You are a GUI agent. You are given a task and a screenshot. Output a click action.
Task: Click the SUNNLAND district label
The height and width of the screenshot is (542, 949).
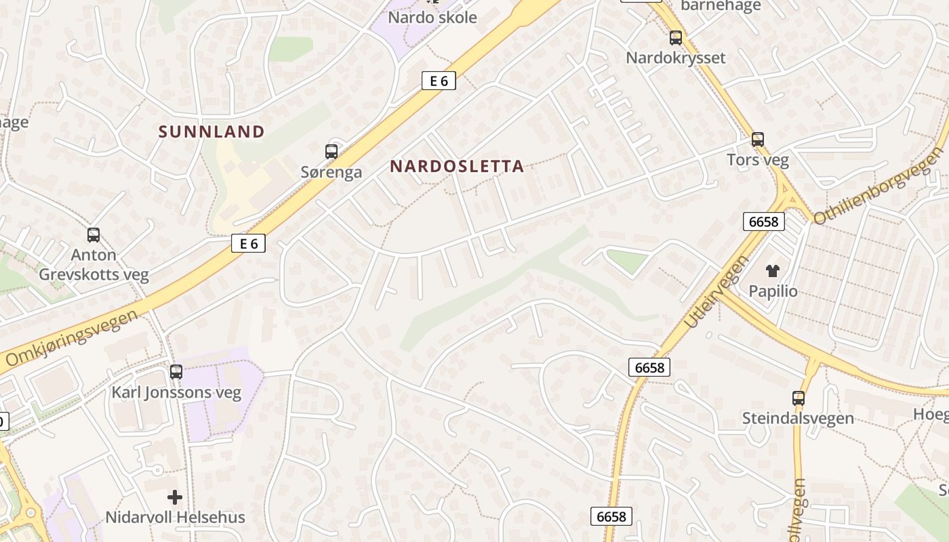[x=211, y=131]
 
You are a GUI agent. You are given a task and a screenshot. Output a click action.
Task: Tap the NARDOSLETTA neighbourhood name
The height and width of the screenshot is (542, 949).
[x=457, y=166]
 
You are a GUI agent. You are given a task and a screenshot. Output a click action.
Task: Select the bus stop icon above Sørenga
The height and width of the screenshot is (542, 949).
[x=331, y=152]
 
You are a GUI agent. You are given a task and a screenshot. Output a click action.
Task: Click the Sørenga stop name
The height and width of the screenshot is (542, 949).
[x=331, y=172]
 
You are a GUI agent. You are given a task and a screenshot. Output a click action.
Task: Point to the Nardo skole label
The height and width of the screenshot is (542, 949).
[x=432, y=18]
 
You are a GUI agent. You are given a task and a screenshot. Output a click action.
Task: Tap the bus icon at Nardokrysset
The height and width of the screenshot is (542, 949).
[x=676, y=38]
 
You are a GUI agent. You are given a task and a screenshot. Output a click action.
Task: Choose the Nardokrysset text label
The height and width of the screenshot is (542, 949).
[x=675, y=58]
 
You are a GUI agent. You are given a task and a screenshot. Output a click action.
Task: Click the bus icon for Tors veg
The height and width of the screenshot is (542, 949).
[x=758, y=140]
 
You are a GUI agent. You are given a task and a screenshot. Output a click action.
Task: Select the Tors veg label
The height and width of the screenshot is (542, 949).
[x=758, y=160]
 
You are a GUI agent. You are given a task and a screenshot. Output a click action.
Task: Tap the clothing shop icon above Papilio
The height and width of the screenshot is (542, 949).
[x=773, y=271]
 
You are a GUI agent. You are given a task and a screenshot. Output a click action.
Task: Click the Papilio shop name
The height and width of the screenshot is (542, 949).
[x=773, y=291]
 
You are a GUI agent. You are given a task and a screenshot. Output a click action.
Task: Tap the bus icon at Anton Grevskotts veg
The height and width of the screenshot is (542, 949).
[x=94, y=235]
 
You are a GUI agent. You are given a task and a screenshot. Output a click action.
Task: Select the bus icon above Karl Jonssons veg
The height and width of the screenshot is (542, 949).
[x=176, y=371]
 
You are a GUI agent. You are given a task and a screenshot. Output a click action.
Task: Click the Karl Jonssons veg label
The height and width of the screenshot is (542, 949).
[x=176, y=392]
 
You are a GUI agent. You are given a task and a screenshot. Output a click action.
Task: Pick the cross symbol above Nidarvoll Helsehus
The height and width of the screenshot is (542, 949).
[x=175, y=497]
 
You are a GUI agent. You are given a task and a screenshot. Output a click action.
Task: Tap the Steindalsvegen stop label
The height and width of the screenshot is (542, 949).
[x=798, y=418]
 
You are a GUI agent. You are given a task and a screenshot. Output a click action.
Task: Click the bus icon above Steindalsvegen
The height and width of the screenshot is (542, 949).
[x=799, y=398]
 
